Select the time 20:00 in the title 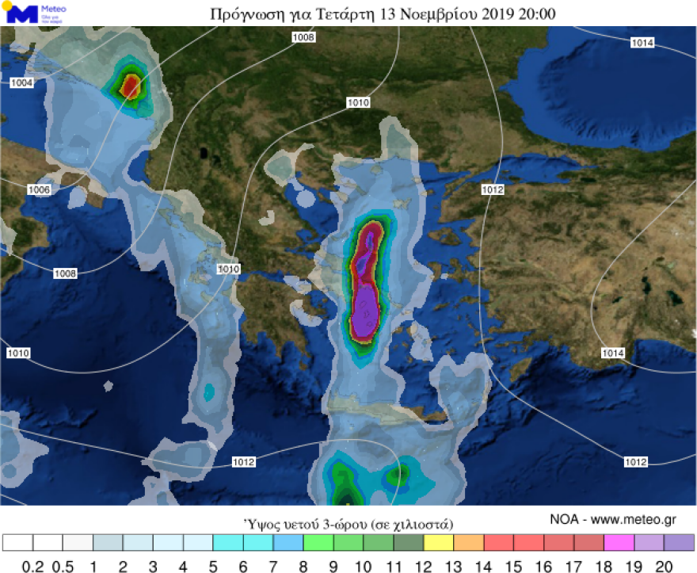[x=536, y=14]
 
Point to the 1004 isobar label [x=22, y=82]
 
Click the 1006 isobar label [x=39, y=189]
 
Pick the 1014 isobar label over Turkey [x=613, y=353]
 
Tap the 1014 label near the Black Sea [x=642, y=43]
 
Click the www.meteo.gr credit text [x=637, y=520]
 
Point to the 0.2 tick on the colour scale [x=32, y=567]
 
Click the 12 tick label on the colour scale [x=424, y=567]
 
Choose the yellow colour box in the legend [x=439, y=543]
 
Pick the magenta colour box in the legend [x=619, y=543]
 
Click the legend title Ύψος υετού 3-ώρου [x=348, y=524]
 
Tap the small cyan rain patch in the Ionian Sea [x=209, y=391]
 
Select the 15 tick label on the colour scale [x=514, y=567]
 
